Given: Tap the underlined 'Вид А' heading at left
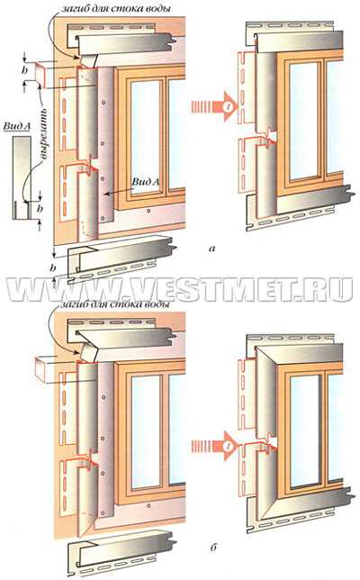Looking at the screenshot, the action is coord(17,126).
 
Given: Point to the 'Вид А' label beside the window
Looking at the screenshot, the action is coord(147,182).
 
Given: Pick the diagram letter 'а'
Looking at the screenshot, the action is coord(211,249).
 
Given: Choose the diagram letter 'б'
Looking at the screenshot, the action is coord(213,547).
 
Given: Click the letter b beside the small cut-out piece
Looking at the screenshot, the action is coord(25,70).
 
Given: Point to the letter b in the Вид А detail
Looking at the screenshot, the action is coord(40,209).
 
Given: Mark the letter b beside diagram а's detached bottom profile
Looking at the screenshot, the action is coord(54,267).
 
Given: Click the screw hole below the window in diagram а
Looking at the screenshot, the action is coord(148,212).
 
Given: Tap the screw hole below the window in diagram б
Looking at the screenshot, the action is coord(148,505).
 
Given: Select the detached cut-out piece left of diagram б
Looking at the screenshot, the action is coord(45,368).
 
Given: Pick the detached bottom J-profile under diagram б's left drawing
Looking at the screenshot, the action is coord(120,552).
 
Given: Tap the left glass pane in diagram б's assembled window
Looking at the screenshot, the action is coord(305,430).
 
